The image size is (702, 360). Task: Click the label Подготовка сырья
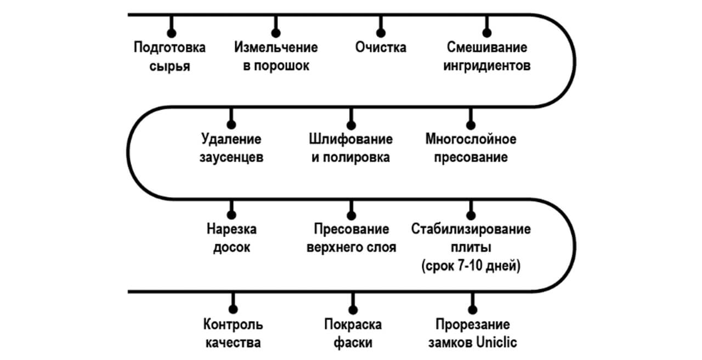[169, 57]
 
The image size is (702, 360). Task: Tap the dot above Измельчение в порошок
[276, 33]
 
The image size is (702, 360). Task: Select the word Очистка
[381, 47]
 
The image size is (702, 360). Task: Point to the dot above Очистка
[381, 33]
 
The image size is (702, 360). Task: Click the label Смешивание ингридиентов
[486, 57]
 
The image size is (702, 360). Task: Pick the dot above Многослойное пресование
[471, 125]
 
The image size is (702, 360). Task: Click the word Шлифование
[350, 139]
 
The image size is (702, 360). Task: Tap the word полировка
[356, 157]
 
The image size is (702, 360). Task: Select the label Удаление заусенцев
[231, 148]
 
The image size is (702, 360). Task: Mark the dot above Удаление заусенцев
[231, 125]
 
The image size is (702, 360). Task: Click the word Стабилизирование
[471, 229]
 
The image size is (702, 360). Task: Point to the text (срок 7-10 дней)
[471, 266]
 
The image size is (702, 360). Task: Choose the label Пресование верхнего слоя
[352, 238]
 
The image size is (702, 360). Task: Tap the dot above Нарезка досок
[231, 215]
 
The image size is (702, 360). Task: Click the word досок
[231, 248]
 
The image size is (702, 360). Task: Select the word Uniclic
[496, 342]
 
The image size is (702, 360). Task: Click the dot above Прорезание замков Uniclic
[473, 310]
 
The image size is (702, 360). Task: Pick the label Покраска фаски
[353, 333]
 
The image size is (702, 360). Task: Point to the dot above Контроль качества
[233, 309]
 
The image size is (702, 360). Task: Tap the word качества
[233, 343]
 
